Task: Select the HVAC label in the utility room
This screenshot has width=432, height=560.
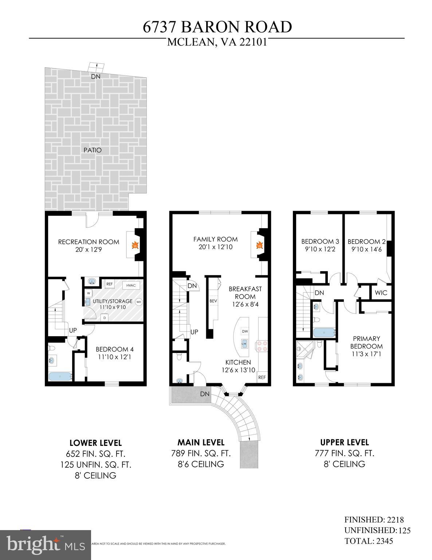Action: pos(131,285)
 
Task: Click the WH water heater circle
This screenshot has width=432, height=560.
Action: pos(138,302)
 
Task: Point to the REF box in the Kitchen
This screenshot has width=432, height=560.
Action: pos(262,377)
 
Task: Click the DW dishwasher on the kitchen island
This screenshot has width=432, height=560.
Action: pos(245,331)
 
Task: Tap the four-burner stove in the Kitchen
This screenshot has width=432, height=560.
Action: pos(262,345)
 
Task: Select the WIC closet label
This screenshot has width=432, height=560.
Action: pos(381,293)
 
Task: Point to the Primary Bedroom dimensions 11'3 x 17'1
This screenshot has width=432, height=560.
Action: pos(366,354)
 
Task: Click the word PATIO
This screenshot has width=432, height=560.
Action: pos(93,150)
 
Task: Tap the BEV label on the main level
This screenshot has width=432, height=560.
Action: pos(213,301)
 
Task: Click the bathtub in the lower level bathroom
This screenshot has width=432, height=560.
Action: pos(59,376)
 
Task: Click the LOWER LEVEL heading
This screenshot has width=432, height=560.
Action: pos(95,443)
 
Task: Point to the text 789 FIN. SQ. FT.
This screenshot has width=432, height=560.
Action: pos(201,454)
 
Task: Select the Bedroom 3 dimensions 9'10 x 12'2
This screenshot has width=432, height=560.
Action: pos(320,249)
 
